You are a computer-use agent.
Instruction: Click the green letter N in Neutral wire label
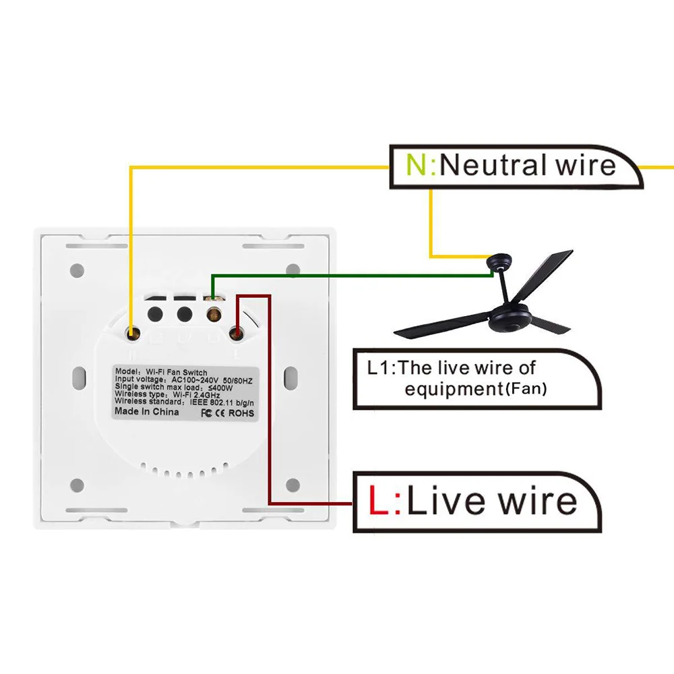[x=418, y=165]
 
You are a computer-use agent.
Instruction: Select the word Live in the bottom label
[x=448, y=501]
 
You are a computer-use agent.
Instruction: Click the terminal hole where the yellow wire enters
[x=134, y=331]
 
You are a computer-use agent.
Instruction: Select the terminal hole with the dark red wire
[x=236, y=332]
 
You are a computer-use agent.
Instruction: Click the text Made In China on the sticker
[x=146, y=411]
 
